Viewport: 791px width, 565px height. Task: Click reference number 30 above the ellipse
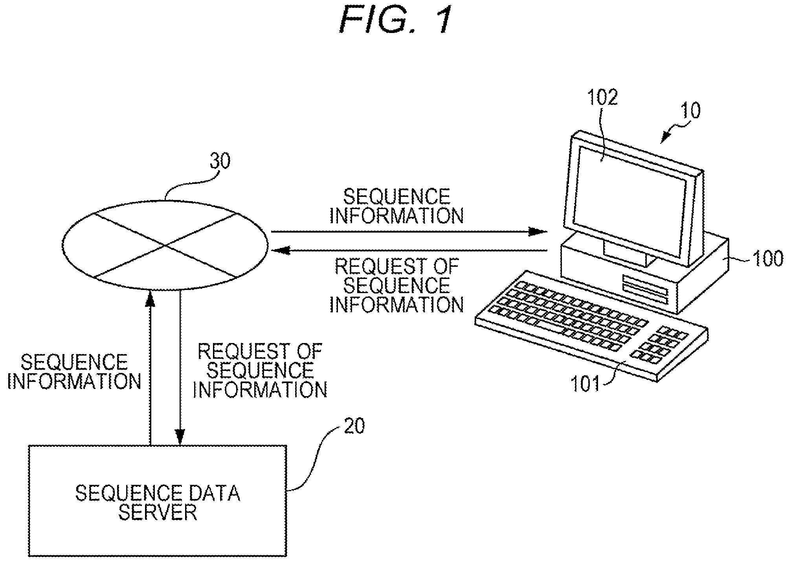pos(220,161)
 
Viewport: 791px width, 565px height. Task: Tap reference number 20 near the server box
pos(354,426)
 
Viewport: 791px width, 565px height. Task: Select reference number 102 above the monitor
pos(602,97)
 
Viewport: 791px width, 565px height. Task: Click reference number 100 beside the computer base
pos(767,259)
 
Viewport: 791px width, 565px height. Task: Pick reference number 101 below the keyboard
pos(585,383)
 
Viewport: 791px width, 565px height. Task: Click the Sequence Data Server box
pos(158,501)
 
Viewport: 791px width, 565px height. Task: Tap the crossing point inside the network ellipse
pos(165,246)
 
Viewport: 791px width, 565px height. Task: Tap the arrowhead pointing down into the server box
pos(180,435)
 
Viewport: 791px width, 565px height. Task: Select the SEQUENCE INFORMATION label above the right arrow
pos(396,206)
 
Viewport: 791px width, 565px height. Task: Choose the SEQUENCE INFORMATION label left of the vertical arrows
pos(74,371)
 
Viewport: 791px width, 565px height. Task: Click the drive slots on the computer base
pos(645,287)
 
